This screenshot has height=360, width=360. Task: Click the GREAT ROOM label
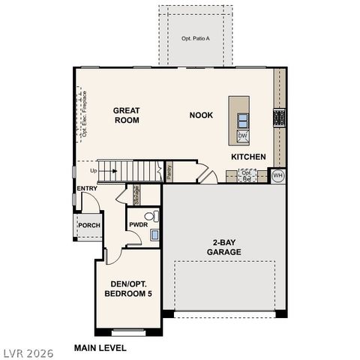127,115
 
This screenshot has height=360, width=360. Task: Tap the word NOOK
200,115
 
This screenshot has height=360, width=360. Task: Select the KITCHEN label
248,157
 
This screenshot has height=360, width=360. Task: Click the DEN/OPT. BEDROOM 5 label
127,289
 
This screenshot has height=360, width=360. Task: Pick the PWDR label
137,225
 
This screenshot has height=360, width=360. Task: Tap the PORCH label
89,225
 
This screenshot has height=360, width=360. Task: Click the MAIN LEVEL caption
100,348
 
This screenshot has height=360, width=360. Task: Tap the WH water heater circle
277,175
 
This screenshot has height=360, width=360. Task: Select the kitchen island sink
243,119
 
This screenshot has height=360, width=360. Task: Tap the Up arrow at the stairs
112,170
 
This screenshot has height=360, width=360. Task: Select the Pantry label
169,172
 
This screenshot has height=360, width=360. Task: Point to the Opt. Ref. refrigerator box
247,175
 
